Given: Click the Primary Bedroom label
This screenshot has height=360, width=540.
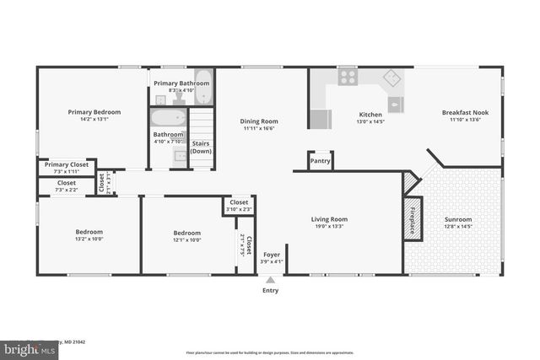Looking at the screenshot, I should [x=94, y=112].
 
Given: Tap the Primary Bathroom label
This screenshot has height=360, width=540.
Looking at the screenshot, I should [x=181, y=83].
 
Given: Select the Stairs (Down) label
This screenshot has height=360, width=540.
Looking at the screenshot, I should [x=201, y=148].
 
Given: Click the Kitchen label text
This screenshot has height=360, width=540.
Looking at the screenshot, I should [x=370, y=115].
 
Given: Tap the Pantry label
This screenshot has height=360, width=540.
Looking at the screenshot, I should [x=320, y=160].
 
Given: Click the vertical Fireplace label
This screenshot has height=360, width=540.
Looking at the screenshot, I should [x=413, y=218].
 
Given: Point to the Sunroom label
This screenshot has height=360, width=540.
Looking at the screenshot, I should [x=458, y=219].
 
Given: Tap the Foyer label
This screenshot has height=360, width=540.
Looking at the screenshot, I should [x=271, y=255].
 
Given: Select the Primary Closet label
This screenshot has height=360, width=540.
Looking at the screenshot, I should [x=67, y=165].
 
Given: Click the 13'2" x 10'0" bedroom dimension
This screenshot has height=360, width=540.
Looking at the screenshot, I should [x=89, y=239].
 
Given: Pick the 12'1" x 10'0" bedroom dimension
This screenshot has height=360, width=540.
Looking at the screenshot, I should [x=187, y=240].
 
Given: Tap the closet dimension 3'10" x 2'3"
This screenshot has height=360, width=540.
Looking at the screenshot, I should [x=239, y=209].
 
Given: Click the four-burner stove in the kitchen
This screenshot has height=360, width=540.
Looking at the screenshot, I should [x=348, y=78].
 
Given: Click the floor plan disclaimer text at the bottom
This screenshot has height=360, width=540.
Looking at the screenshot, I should [x=270, y=352].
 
